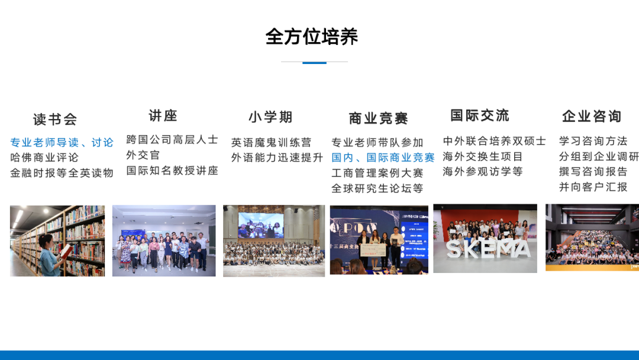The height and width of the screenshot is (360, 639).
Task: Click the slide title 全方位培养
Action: click(312, 37)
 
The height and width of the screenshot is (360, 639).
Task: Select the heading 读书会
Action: click(55, 120)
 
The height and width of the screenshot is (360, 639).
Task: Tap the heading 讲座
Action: click(163, 115)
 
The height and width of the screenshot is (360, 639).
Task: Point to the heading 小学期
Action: click(270, 117)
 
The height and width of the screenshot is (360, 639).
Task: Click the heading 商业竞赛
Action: click(379, 118)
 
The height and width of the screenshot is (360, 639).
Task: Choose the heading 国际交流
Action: click(480, 115)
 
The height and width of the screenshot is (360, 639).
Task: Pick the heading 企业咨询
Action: click(592, 116)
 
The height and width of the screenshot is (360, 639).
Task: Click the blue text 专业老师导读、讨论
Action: click(62, 143)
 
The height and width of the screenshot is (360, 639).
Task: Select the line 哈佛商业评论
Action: click(44, 157)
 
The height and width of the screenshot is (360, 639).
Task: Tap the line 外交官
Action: click(143, 155)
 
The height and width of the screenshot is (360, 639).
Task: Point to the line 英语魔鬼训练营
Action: click(271, 143)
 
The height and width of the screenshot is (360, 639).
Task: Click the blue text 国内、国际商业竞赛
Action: click(383, 157)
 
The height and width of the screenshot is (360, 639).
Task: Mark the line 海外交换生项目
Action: click(483, 156)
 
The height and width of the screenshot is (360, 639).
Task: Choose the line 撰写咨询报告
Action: click(593, 172)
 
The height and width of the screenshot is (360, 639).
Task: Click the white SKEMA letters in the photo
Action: click(488, 249)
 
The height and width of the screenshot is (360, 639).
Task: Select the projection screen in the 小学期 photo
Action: click(260, 224)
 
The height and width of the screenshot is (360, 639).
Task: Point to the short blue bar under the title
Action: click(314, 62)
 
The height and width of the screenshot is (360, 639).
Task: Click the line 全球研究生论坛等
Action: click(377, 188)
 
